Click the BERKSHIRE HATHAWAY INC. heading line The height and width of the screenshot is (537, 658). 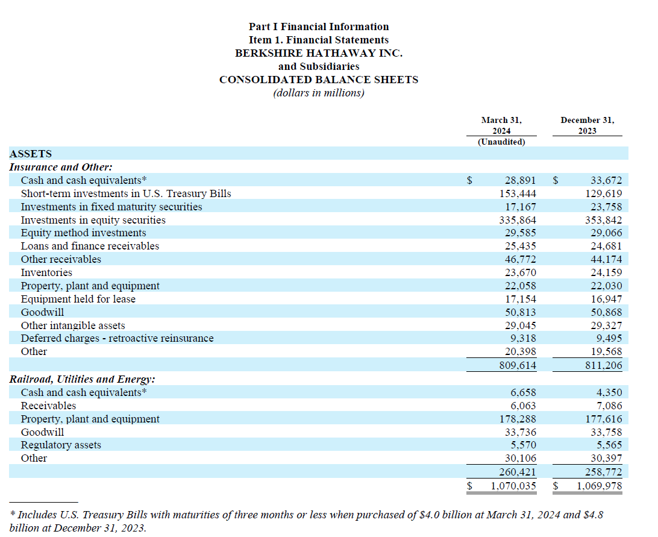[x=319, y=53]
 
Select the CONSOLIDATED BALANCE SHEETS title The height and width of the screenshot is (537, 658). [x=319, y=80]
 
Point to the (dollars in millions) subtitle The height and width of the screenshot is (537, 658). [x=319, y=93]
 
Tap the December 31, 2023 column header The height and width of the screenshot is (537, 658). [x=587, y=125]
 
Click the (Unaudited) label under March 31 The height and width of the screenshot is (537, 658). [x=501, y=142]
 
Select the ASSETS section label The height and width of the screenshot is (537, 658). [x=31, y=154]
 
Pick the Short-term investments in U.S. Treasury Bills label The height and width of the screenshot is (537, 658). [x=126, y=193]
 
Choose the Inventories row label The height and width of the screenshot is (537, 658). [x=46, y=272]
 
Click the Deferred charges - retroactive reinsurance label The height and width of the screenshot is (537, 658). [x=117, y=338]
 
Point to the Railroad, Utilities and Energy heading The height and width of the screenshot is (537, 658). [x=83, y=379]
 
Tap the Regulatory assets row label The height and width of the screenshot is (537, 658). [x=61, y=445]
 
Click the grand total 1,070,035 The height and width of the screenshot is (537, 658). [x=512, y=486]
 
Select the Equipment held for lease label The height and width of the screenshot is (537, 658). [x=78, y=299]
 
